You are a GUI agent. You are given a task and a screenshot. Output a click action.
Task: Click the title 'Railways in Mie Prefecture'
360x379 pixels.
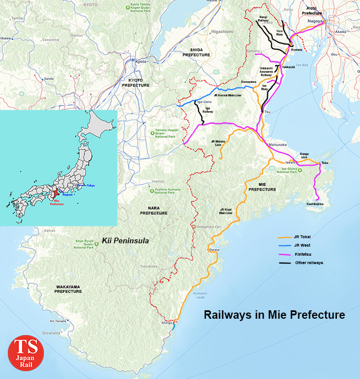click(x=274, y=315)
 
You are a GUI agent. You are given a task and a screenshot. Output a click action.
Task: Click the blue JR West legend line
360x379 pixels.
click(x=287, y=246)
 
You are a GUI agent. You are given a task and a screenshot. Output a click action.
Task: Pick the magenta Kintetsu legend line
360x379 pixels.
click(x=287, y=255)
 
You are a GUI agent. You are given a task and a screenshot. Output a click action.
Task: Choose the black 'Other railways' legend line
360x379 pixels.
click(x=287, y=263)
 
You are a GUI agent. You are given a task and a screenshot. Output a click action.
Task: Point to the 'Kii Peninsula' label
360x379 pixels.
click(x=125, y=240)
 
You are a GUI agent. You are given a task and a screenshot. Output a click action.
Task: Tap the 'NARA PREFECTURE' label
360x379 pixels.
click(x=154, y=211)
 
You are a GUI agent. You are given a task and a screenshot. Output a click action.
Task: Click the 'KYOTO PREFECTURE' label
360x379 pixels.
click(x=136, y=82)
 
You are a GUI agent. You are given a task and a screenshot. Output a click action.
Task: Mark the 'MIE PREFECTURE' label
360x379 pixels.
click(x=262, y=188)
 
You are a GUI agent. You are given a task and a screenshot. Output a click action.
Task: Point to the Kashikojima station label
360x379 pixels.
click(x=315, y=204)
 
